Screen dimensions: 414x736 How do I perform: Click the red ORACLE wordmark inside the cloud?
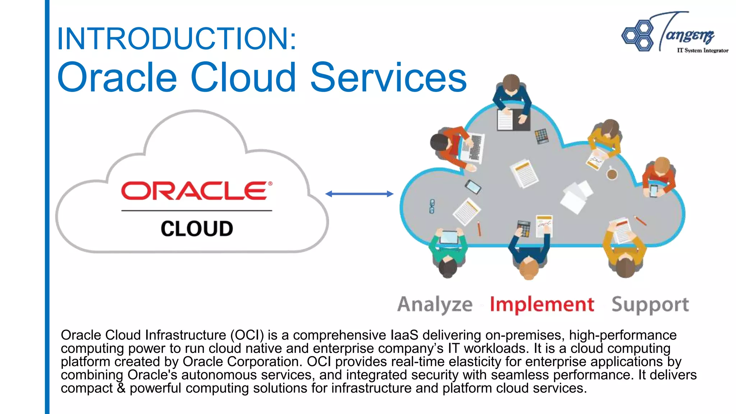click(x=194, y=191)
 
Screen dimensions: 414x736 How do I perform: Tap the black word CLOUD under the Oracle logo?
click(x=197, y=229)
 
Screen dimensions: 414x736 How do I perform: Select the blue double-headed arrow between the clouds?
click(x=359, y=194)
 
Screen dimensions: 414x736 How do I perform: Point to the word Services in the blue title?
click(x=388, y=77)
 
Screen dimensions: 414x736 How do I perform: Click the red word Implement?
click(x=542, y=304)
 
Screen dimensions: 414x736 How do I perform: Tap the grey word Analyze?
click(x=435, y=304)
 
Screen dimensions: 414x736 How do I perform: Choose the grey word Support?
click(x=650, y=305)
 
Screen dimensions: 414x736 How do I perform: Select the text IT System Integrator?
click(x=703, y=51)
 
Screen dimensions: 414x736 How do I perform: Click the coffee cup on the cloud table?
click(x=612, y=174)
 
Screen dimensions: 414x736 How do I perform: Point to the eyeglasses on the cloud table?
click(x=432, y=206)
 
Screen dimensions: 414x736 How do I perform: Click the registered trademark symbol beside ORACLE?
click(x=270, y=184)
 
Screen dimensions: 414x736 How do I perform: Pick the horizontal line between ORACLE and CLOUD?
click(x=197, y=211)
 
